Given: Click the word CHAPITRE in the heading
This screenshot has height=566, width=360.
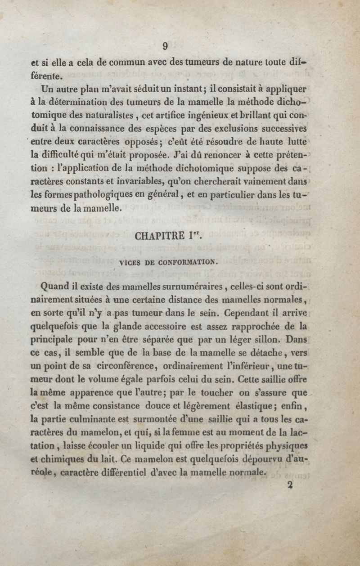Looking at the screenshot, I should click(x=159, y=235).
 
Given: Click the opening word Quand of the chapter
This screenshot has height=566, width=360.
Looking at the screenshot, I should click(x=54, y=286).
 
